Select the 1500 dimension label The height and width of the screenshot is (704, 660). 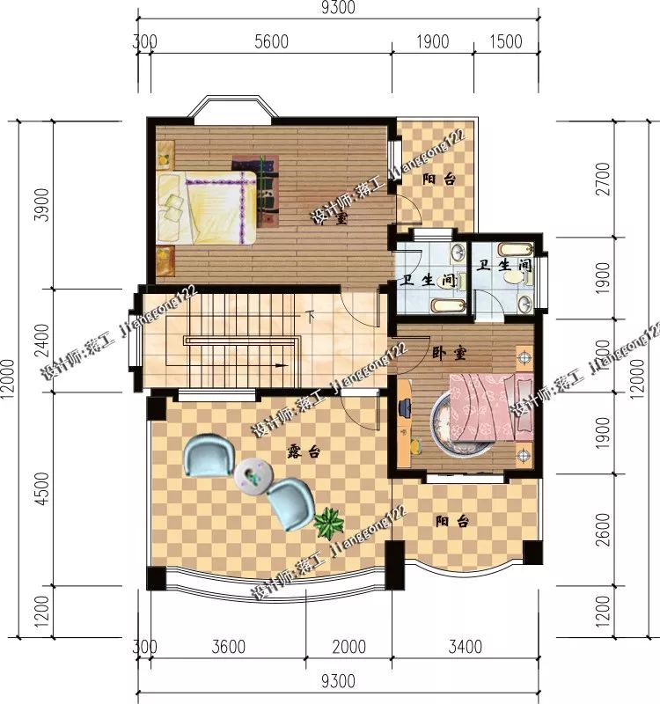(505, 41)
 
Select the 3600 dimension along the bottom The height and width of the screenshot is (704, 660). (228, 648)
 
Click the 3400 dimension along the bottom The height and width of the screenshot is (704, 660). (465, 648)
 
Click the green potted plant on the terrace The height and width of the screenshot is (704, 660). (328, 524)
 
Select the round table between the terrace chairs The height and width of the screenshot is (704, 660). (253, 476)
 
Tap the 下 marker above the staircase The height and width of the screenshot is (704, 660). (310, 314)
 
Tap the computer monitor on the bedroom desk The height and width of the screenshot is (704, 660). (404, 409)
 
